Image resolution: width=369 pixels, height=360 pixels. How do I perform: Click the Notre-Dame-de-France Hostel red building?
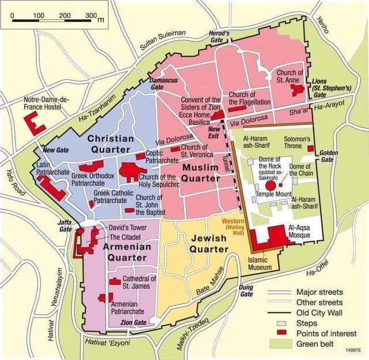pos(36,123)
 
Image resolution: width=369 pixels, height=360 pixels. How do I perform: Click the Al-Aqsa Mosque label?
pos(302,231)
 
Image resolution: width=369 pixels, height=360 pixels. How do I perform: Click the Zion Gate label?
pos(132,322)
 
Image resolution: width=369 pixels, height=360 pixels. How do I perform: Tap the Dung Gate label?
pos(246,290)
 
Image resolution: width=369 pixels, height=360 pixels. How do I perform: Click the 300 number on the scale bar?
pos(91,14)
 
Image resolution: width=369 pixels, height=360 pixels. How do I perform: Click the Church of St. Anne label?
pos(289,77)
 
